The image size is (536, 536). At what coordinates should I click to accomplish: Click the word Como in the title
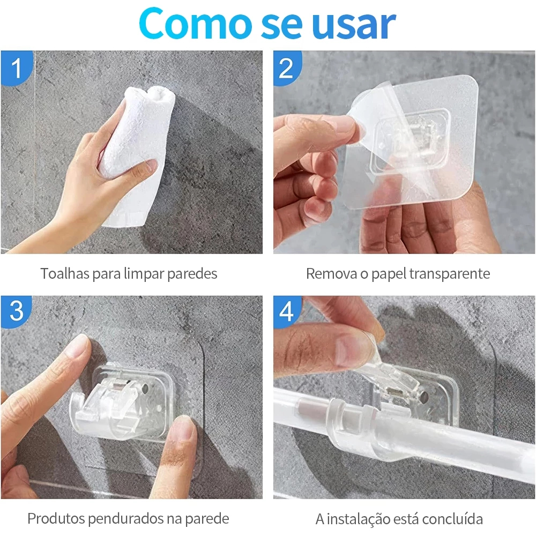pos(196,24)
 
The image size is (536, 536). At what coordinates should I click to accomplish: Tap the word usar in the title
pos(354,25)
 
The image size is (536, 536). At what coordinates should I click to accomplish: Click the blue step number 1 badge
pos(17,68)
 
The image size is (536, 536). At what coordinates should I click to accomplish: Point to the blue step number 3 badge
pos(16,311)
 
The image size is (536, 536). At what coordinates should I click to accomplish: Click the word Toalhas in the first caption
pos(65,273)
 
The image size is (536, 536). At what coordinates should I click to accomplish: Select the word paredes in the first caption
pos(192,274)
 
